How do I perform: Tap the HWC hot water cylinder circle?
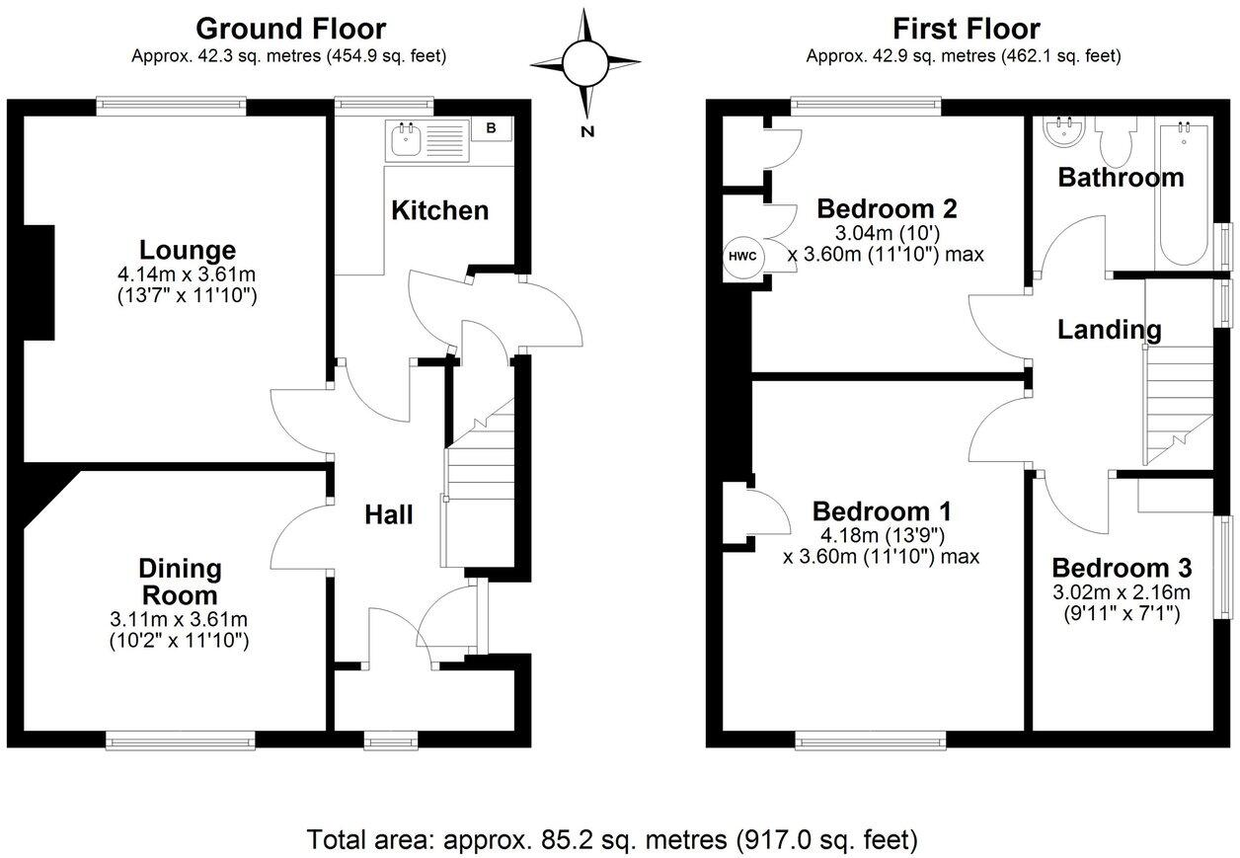click(742, 256)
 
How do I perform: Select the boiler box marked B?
click(491, 127)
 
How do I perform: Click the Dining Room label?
click(180, 582)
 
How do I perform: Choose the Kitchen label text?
click(440, 210)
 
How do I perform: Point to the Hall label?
click(389, 514)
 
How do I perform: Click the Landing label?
click(1109, 330)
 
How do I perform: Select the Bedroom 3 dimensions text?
click(1122, 603)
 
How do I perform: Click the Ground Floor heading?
click(290, 29)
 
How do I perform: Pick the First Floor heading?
click(965, 29)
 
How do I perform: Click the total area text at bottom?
click(612, 840)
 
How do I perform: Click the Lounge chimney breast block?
click(39, 282)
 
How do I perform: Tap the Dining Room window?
click(181, 739)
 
